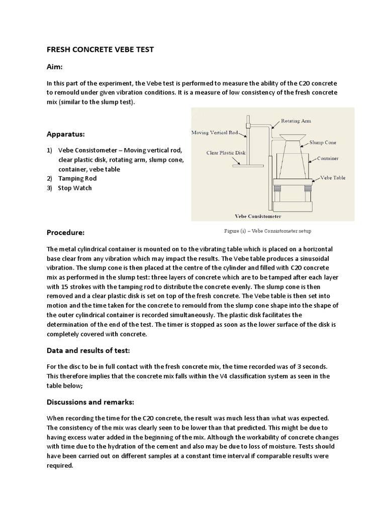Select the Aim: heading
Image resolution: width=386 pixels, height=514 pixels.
[x=55, y=67]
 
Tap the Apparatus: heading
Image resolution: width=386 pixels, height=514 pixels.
[x=66, y=135]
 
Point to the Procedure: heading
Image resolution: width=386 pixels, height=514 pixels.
[x=66, y=232]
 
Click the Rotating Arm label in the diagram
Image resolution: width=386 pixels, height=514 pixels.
[x=296, y=121]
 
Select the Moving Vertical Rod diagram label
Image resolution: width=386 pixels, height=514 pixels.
[x=218, y=133]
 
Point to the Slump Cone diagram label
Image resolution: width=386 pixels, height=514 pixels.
[x=324, y=143]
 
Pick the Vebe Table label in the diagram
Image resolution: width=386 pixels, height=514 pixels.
[x=333, y=177]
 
